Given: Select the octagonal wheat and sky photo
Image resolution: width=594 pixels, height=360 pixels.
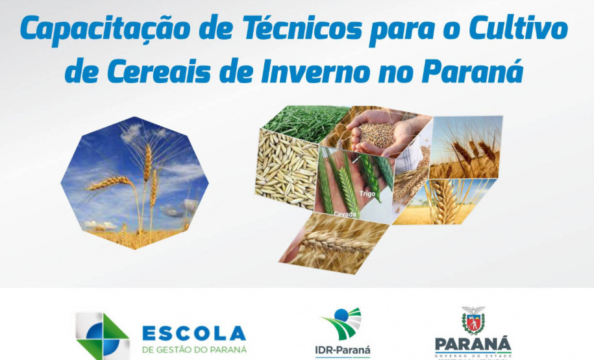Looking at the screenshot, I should point(134,183).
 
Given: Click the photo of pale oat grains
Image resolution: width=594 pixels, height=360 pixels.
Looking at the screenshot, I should point(286,172).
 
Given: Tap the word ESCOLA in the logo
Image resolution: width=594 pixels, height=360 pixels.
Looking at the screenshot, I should point(194,334).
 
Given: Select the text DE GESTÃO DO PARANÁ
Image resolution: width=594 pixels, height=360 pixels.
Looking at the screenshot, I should point(194,350).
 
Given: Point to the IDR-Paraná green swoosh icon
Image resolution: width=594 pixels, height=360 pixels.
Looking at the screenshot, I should point(342,324).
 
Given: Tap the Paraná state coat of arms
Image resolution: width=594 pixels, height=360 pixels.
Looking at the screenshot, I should point(473,320).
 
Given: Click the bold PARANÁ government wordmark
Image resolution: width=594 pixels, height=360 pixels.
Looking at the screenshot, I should point(473,343).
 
